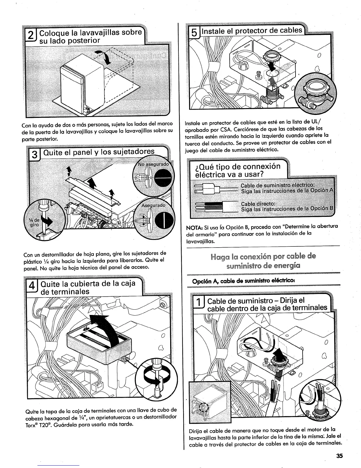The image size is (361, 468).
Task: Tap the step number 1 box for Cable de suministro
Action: coord(199,305)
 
